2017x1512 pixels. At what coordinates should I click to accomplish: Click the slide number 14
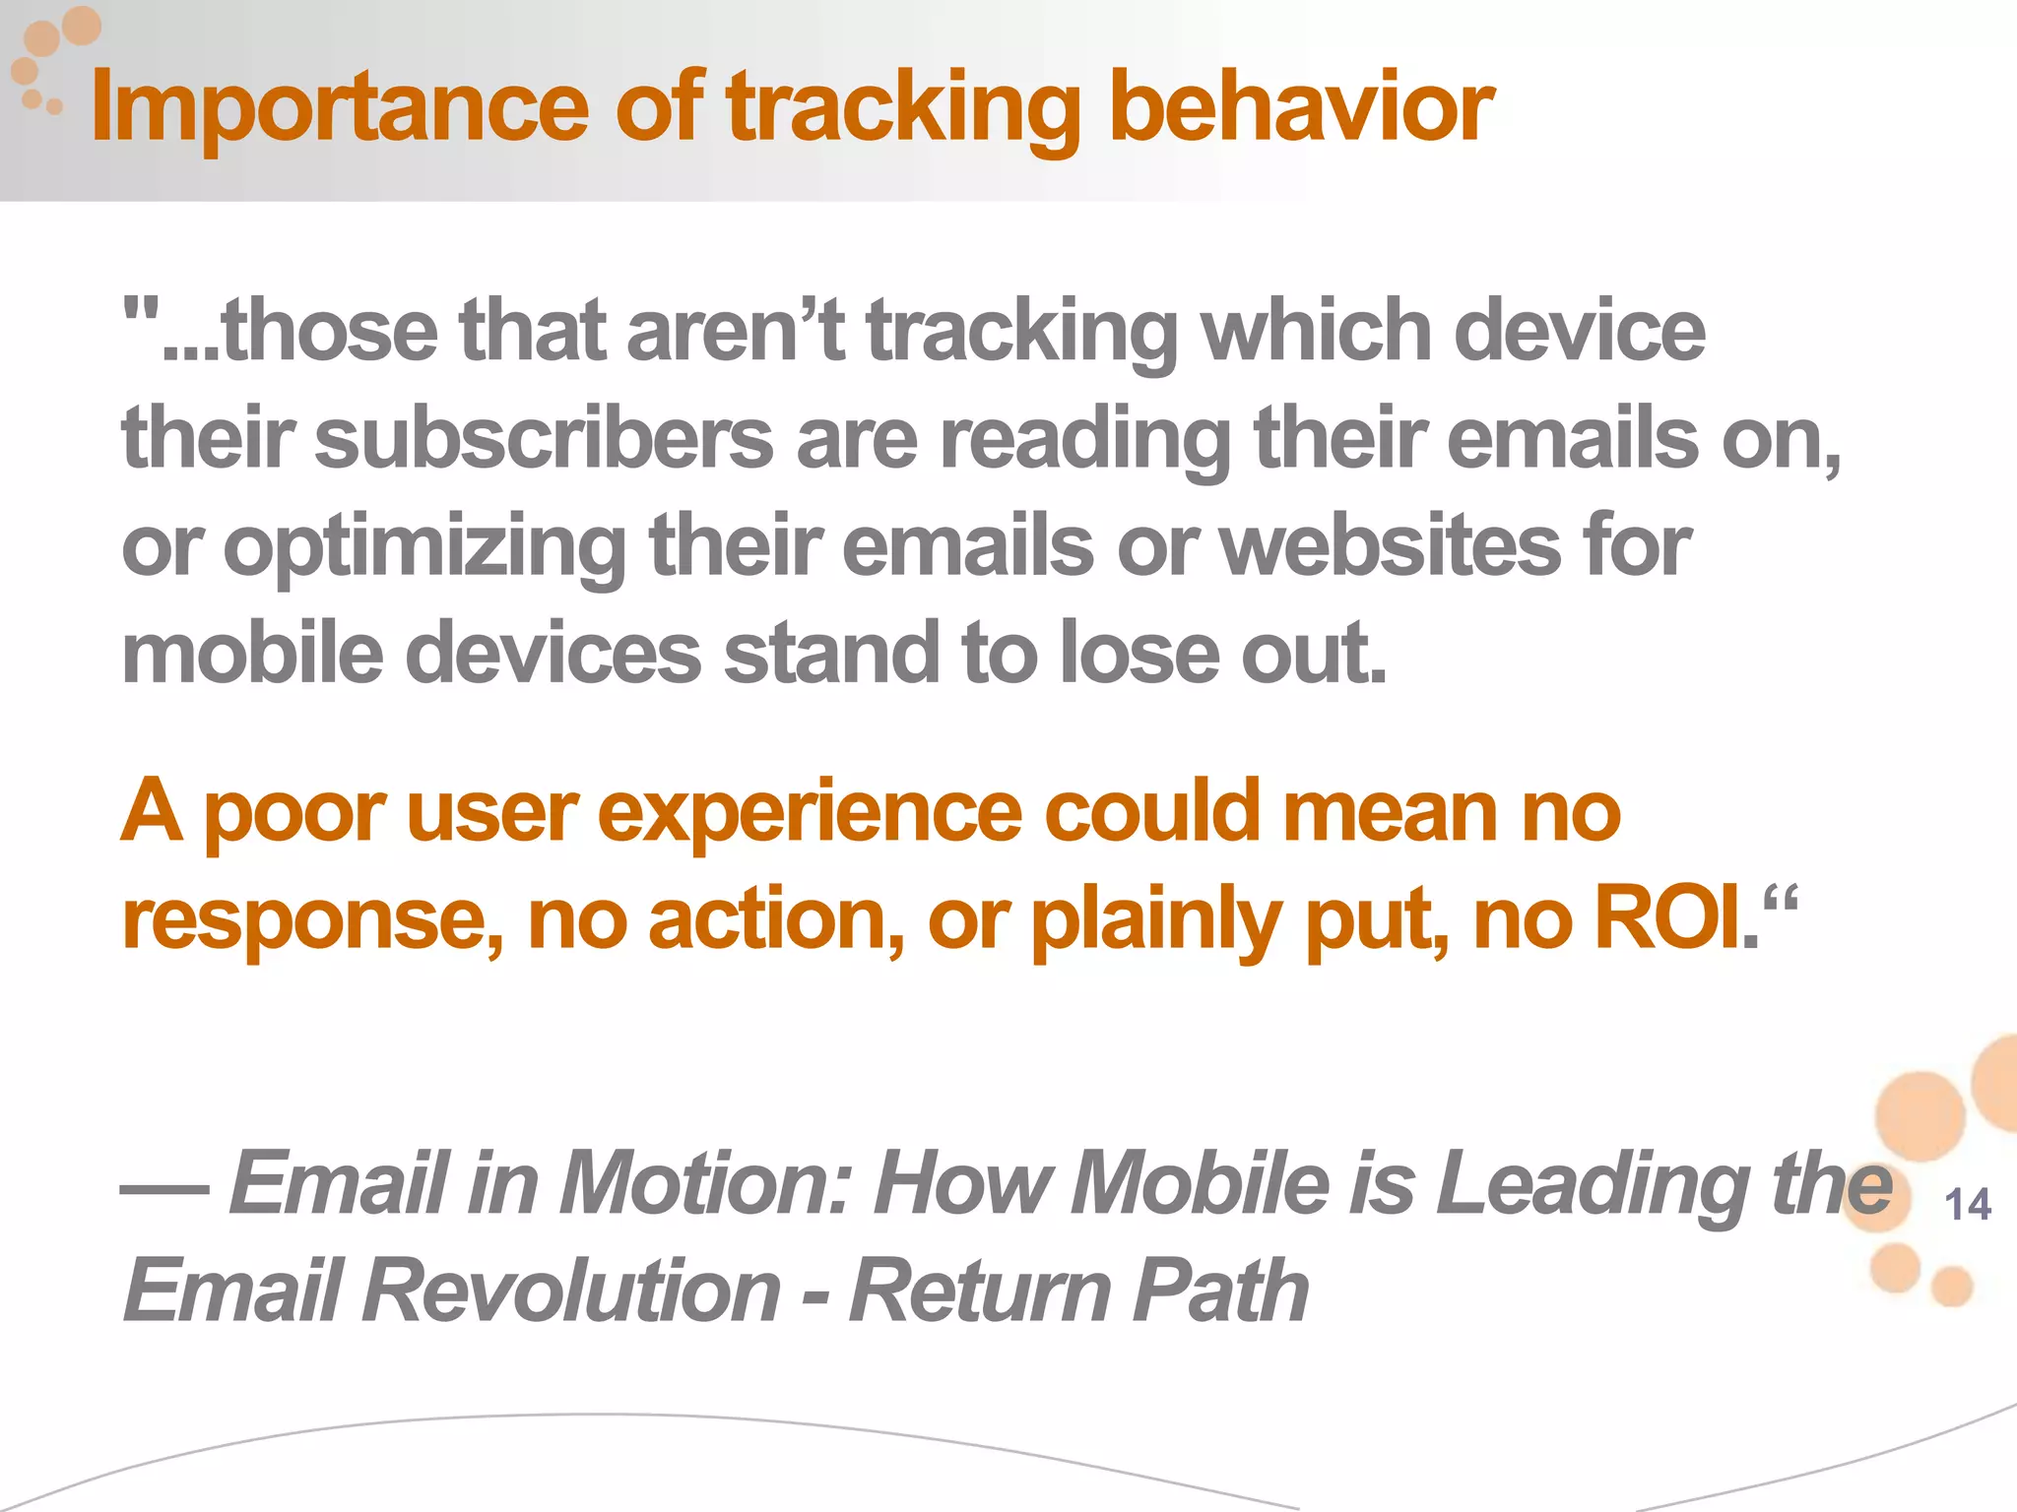tap(1967, 1206)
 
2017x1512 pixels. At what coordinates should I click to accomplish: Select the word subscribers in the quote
tap(544, 439)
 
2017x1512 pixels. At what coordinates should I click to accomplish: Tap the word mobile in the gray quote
tap(251, 654)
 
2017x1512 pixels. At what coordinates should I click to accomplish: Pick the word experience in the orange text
tap(810, 813)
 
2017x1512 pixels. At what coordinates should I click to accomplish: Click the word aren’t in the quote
tap(735, 331)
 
